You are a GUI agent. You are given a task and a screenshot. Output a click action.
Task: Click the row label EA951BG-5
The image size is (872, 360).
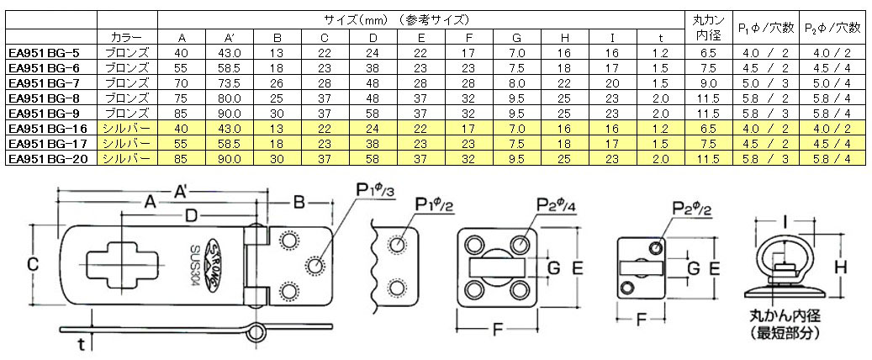pyautogui.click(x=49, y=52)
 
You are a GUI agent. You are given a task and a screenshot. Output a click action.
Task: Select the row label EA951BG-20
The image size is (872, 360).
pyautogui.click(x=49, y=158)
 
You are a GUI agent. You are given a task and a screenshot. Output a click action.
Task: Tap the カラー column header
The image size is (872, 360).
pyautogui.click(x=127, y=38)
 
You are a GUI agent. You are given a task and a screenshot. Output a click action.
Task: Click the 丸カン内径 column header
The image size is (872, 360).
pyautogui.click(x=707, y=27)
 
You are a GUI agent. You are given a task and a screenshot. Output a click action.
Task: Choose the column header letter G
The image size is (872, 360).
pyautogui.click(x=516, y=38)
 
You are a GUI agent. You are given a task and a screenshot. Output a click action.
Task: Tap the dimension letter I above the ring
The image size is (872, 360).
pyautogui.click(x=783, y=222)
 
